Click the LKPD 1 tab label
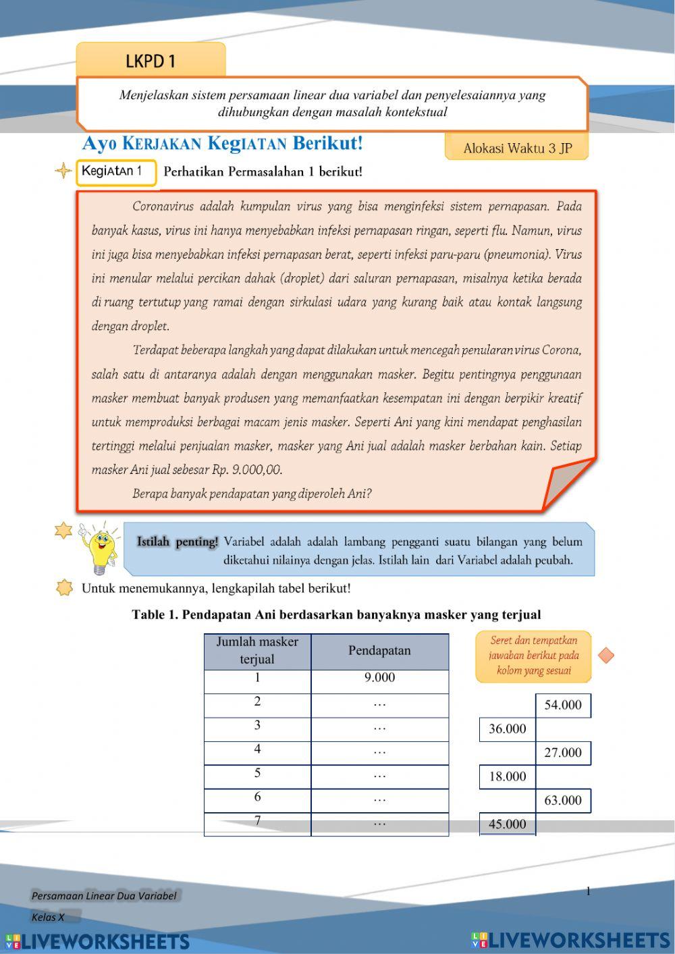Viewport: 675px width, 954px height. click(151, 61)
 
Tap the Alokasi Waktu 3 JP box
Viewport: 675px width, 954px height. click(516, 148)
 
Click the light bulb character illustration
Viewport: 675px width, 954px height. click(99, 546)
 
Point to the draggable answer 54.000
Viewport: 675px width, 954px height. click(563, 705)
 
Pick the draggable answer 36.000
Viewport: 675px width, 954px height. click(508, 729)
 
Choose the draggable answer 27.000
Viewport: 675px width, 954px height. click(563, 753)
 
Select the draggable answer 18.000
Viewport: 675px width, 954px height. click(508, 776)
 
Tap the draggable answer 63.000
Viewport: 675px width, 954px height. click(563, 800)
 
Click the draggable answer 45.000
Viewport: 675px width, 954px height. click(508, 824)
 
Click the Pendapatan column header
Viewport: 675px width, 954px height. click(379, 651)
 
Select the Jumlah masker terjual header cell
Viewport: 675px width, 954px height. click(257, 651)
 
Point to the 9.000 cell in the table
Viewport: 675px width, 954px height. click(379, 678)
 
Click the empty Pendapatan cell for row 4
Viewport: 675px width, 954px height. click(379, 753)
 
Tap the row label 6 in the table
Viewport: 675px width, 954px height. click(257, 797)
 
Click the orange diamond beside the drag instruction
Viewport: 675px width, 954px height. click(606, 655)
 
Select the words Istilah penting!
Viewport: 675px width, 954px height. click(178, 541)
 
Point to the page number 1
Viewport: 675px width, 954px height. click(588, 891)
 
